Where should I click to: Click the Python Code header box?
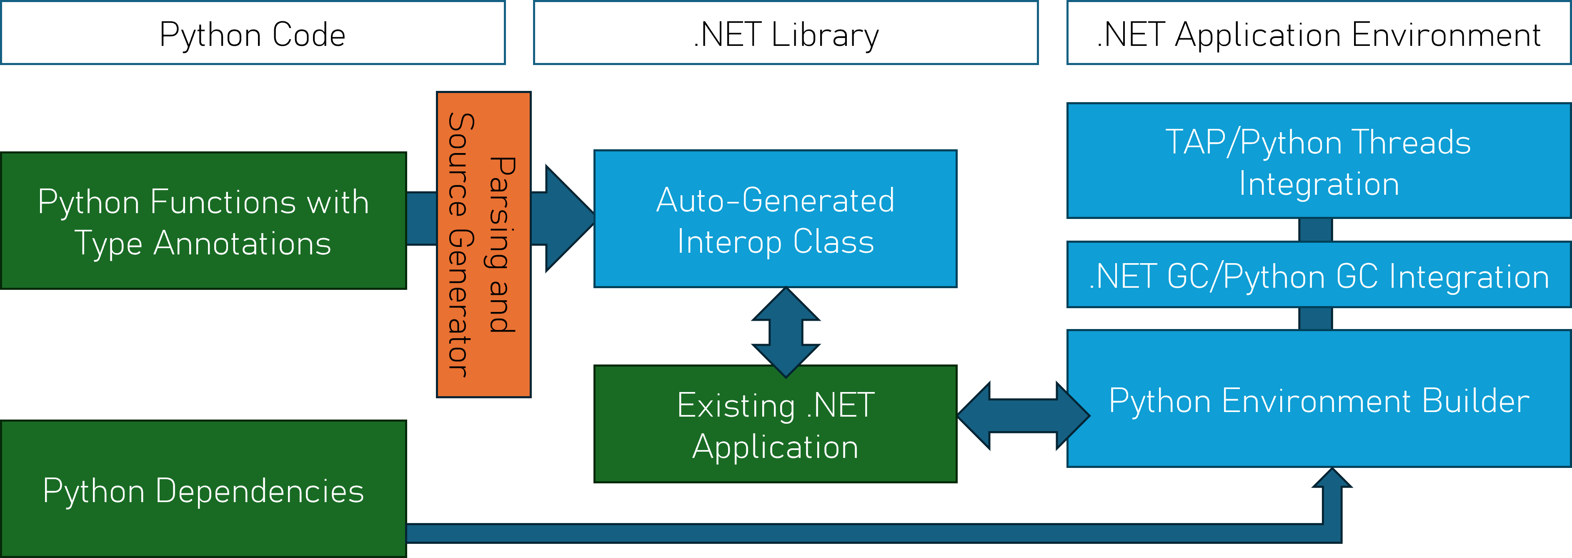(x=253, y=33)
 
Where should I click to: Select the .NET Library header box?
(x=786, y=33)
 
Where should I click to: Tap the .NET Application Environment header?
(x=1318, y=33)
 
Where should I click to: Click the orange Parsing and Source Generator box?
(x=483, y=244)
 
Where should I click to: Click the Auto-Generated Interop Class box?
(x=775, y=219)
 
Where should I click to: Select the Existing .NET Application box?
(x=775, y=424)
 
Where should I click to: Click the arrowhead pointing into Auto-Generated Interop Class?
(x=568, y=218)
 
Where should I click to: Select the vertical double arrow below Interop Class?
(x=786, y=333)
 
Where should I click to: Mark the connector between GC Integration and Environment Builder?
(x=1316, y=319)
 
